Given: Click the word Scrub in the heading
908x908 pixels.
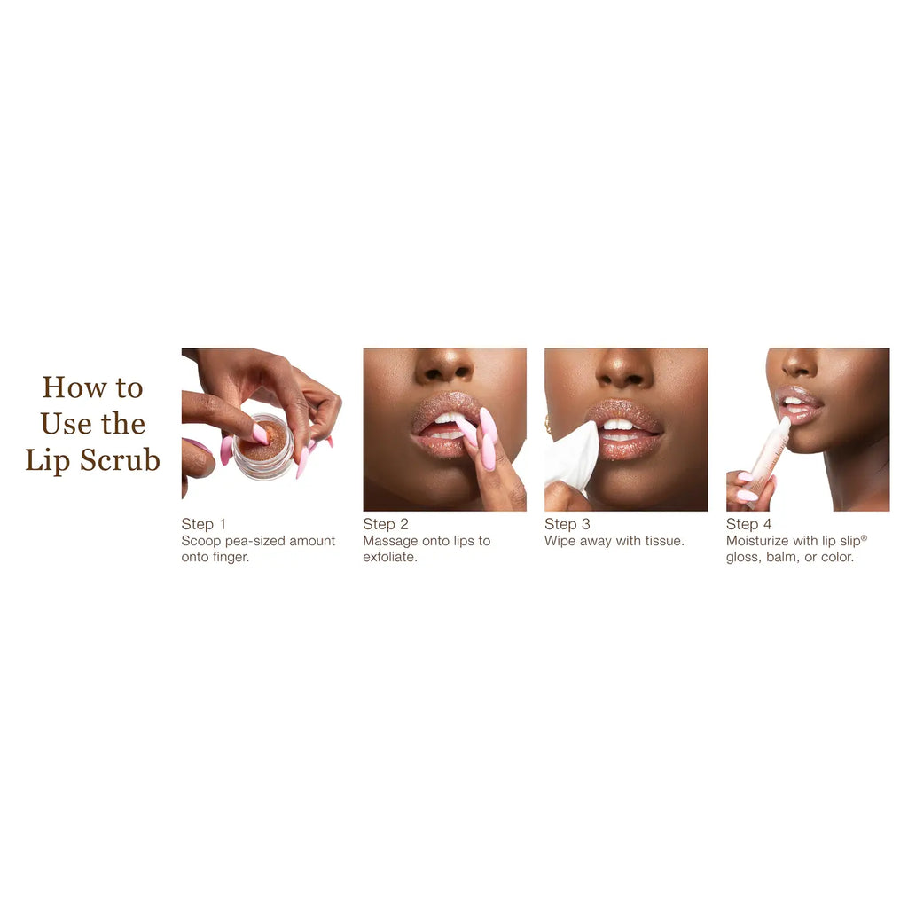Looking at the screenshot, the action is click(x=120, y=460).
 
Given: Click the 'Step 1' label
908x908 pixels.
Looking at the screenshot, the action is click(x=203, y=524).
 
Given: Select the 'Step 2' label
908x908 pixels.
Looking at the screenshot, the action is click(x=386, y=524).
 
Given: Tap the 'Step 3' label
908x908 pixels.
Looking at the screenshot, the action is click(x=567, y=524).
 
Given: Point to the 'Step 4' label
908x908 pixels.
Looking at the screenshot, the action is click(x=748, y=524).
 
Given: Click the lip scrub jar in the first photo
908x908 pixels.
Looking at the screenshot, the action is click(x=264, y=447).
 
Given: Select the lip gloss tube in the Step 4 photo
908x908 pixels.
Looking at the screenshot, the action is click(x=766, y=460).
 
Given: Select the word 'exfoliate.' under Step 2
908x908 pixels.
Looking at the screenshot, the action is click(x=390, y=557).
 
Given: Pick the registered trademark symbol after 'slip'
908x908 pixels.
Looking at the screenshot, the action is click(x=864, y=538).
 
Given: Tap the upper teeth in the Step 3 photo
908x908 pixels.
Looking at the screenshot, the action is click(x=618, y=424).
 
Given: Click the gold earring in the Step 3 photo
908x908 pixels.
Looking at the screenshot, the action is click(x=547, y=425).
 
